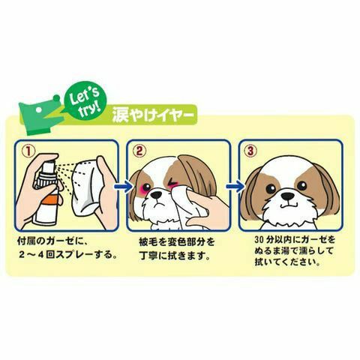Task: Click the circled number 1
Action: (x=28, y=151)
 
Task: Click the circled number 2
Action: (x=139, y=151)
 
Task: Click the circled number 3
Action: (x=250, y=151)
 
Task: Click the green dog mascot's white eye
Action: (x=38, y=109)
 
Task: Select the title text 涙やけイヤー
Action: (x=153, y=115)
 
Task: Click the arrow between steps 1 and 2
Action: (x=122, y=186)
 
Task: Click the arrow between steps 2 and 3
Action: (x=234, y=186)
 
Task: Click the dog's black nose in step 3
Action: (x=288, y=196)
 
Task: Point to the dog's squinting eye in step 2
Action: (x=172, y=182)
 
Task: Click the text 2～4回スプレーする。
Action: (x=68, y=254)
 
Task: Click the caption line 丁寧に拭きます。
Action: (x=174, y=256)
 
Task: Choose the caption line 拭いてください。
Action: (x=287, y=262)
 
